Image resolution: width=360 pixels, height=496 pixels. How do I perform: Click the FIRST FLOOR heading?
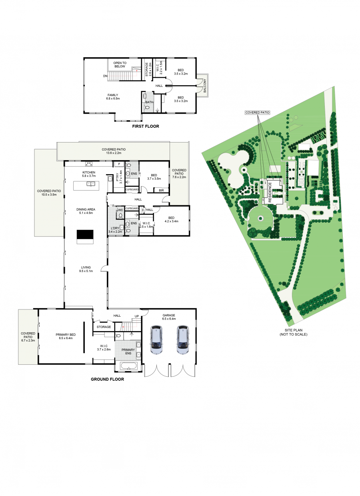click(x=145, y=126)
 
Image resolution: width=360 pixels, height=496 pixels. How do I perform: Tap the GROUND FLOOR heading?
click(x=107, y=379)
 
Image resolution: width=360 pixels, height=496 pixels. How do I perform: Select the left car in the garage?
click(x=156, y=339)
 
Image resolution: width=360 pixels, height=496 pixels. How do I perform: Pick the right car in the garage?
click(x=183, y=339)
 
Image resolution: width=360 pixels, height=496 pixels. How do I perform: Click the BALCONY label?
click(x=205, y=86)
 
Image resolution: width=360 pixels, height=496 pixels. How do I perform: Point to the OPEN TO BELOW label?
click(x=120, y=65)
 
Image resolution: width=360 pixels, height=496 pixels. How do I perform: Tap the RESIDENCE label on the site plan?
click(x=270, y=192)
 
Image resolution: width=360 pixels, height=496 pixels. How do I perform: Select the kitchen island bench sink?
click(x=91, y=184)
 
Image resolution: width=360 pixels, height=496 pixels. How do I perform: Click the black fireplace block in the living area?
click(x=85, y=234)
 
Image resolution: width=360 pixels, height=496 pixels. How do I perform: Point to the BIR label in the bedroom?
click(x=161, y=190)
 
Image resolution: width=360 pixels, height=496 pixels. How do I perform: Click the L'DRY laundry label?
click(x=115, y=228)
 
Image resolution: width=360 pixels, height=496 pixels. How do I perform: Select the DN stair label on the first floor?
click(x=105, y=76)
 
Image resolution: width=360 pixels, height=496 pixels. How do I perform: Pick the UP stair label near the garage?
click(x=137, y=316)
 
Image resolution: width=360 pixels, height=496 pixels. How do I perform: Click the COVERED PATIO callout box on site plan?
click(x=257, y=112)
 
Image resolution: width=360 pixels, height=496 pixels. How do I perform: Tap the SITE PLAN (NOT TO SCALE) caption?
click(x=293, y=332)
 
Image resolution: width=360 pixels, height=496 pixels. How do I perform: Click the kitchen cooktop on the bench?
click(x=89, y=164)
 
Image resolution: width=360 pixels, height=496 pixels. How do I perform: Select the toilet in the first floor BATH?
click(x=146, y=108)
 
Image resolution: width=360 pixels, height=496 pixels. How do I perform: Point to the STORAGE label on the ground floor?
click(x=104, y=327)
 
